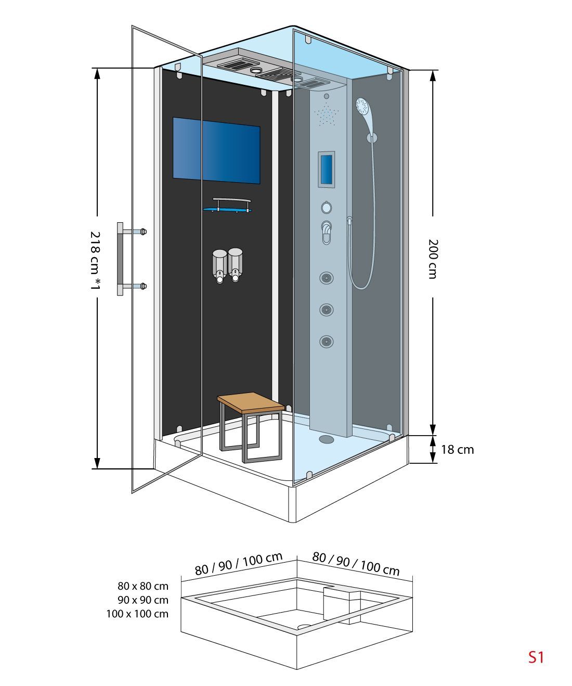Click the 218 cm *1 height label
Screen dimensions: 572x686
tap(95, 261)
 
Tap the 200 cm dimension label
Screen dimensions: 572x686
tap(433, 259)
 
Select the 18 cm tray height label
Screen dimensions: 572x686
tap(457, 450)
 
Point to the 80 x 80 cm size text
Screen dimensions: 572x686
tap(143, 586)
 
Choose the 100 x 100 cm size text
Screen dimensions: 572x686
tap(137, 613)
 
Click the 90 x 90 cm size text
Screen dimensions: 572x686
tap(143, 600)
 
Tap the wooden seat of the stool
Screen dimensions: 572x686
tap(251, 403)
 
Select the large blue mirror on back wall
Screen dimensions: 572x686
tap(216, 150)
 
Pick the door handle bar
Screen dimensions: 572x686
tap(120, 259)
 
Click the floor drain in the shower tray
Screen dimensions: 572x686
tap(326, 438)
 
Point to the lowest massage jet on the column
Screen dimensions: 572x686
tap(327, 341)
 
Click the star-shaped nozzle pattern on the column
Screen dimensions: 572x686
tap(326, 114)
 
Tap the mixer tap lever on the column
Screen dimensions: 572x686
tap(327, 233)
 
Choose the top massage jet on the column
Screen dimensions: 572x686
tap(327, 277)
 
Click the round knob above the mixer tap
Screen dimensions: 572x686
tap(326, 207)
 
